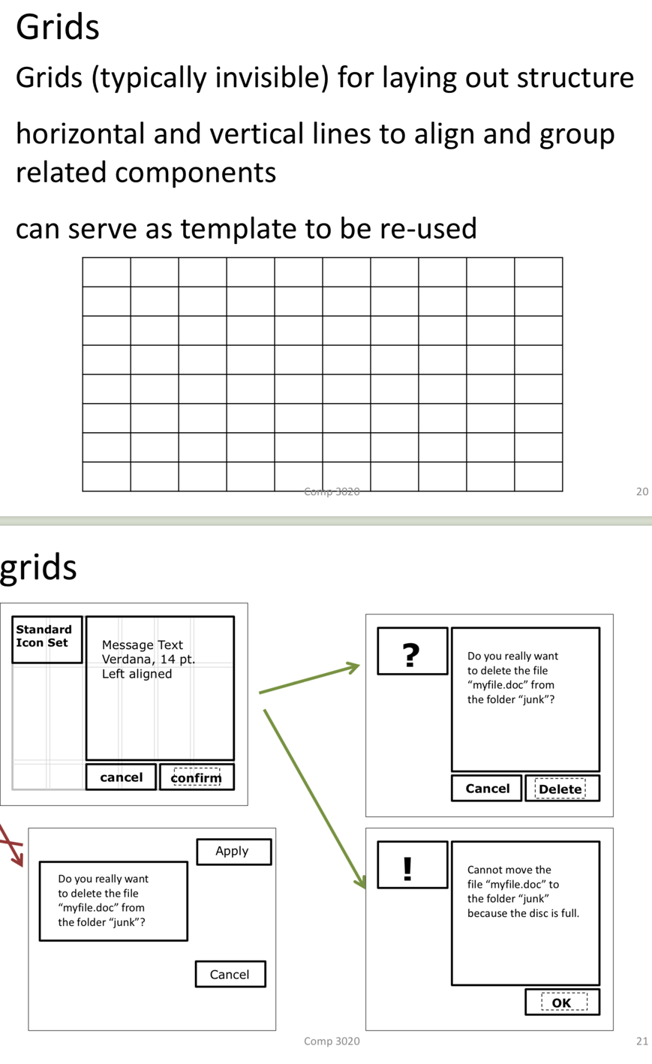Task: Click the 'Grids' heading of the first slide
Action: click(x=58, y=27)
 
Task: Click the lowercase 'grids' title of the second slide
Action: click(x=38, y=567)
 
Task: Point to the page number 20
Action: click(x=641, y=491)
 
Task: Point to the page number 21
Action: click(x=641, y=1041)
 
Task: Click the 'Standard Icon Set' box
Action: click(x=47, y=639)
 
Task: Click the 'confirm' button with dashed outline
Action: click(x=197, y=777)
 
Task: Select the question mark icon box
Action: click(x=412, y=651)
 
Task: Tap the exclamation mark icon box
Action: click(x=412, y=865)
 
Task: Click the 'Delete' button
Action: click(x=561, y=789)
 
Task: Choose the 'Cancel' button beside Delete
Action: click(x=487, y=788)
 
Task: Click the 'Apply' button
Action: click(x=233, y=851)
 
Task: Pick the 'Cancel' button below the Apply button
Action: click(x=230, y=974)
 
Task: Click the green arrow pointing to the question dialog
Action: click(x=309, y=679)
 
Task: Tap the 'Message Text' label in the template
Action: click(x=143, y=645)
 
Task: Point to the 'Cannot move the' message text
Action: click(x=509, y=870)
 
